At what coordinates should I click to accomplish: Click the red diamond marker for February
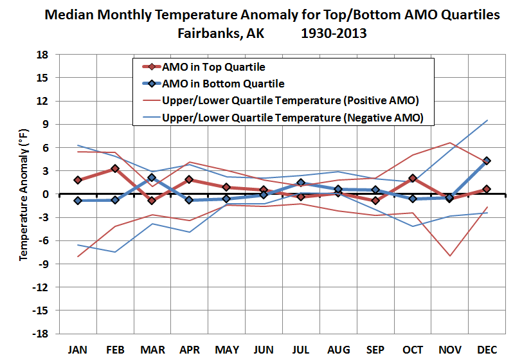114,168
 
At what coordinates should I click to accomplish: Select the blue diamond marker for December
487,161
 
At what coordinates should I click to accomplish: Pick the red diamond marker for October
412,178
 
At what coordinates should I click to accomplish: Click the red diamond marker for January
77,180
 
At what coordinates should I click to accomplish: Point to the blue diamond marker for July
301,183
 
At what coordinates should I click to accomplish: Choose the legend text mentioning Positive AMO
291,100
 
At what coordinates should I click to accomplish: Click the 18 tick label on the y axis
44,55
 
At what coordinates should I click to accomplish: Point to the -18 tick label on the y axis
42,334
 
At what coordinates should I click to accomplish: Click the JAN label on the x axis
77,350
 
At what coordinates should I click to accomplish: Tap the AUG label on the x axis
338,350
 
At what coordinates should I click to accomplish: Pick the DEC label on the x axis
487,350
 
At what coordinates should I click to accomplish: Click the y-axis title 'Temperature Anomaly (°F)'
24,194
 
